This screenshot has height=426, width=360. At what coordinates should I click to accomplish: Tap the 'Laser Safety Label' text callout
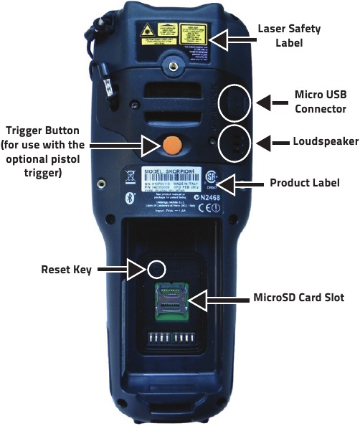(288, 35)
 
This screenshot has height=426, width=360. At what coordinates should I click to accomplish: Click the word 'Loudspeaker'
(325, 141)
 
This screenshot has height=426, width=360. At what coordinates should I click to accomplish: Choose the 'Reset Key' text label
(62, 270)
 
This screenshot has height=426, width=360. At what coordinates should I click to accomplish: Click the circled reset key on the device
(156, 269)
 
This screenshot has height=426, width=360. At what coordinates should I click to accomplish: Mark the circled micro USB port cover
(235, 104)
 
